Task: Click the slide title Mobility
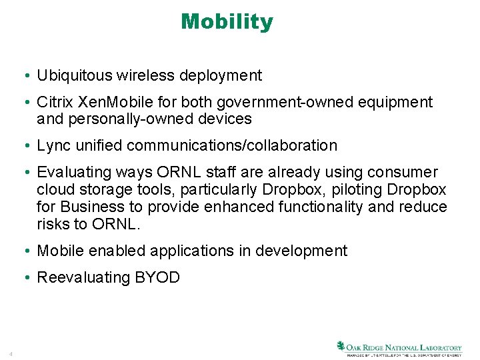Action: [x=227, y=22]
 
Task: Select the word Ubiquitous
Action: [x=73, y=76]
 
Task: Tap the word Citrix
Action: [x=55, y=103]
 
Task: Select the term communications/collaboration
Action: [x=232, y=145]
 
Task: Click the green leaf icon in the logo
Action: [x=341, y=346]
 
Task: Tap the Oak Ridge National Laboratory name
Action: [x=405, y=347]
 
